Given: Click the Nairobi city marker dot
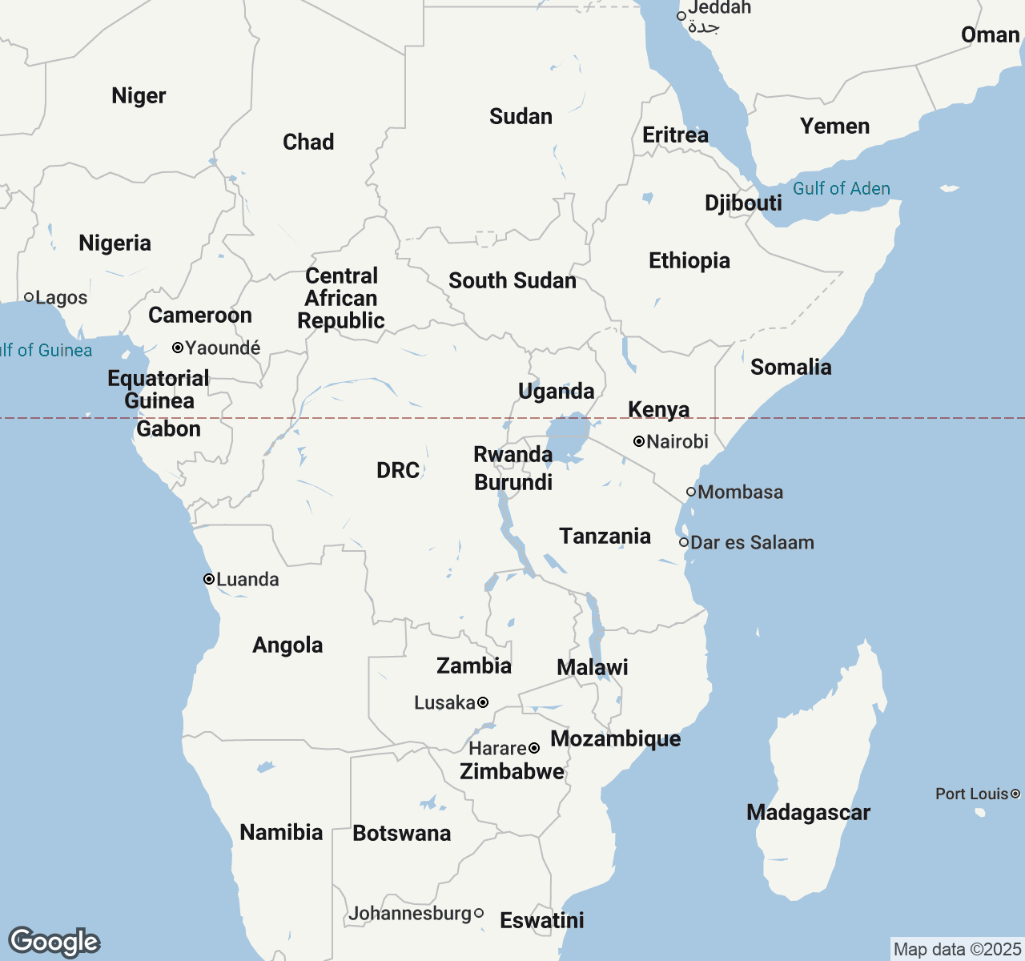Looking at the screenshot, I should click(639, 441).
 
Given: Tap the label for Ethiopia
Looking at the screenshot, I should click(689, 260).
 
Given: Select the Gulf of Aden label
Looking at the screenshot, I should click(841, 188).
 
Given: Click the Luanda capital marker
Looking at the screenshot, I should click(209, 579).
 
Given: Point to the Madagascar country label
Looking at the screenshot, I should click(807, 812).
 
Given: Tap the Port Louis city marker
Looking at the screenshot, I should click(1015, 794).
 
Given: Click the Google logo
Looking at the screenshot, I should click(54, 942).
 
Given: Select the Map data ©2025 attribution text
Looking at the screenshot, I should click(957, 949).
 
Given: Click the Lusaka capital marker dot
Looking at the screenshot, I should click(483, 702).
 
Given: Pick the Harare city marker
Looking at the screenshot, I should click(534, 748).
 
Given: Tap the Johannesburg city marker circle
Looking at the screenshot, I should click(479, 913).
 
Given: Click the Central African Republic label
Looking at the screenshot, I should click(341, 298).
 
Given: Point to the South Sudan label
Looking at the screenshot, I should click(512, 280).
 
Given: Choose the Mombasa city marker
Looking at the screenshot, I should click(691, 492).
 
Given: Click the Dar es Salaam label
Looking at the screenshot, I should click(752, 542).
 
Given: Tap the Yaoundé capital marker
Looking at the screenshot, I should click(178, 348).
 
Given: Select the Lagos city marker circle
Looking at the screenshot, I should click(29, 297).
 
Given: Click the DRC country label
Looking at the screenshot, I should click(398, 470).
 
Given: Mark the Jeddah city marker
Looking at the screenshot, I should click(681, 15).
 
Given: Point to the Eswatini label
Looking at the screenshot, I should click(542, 920).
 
